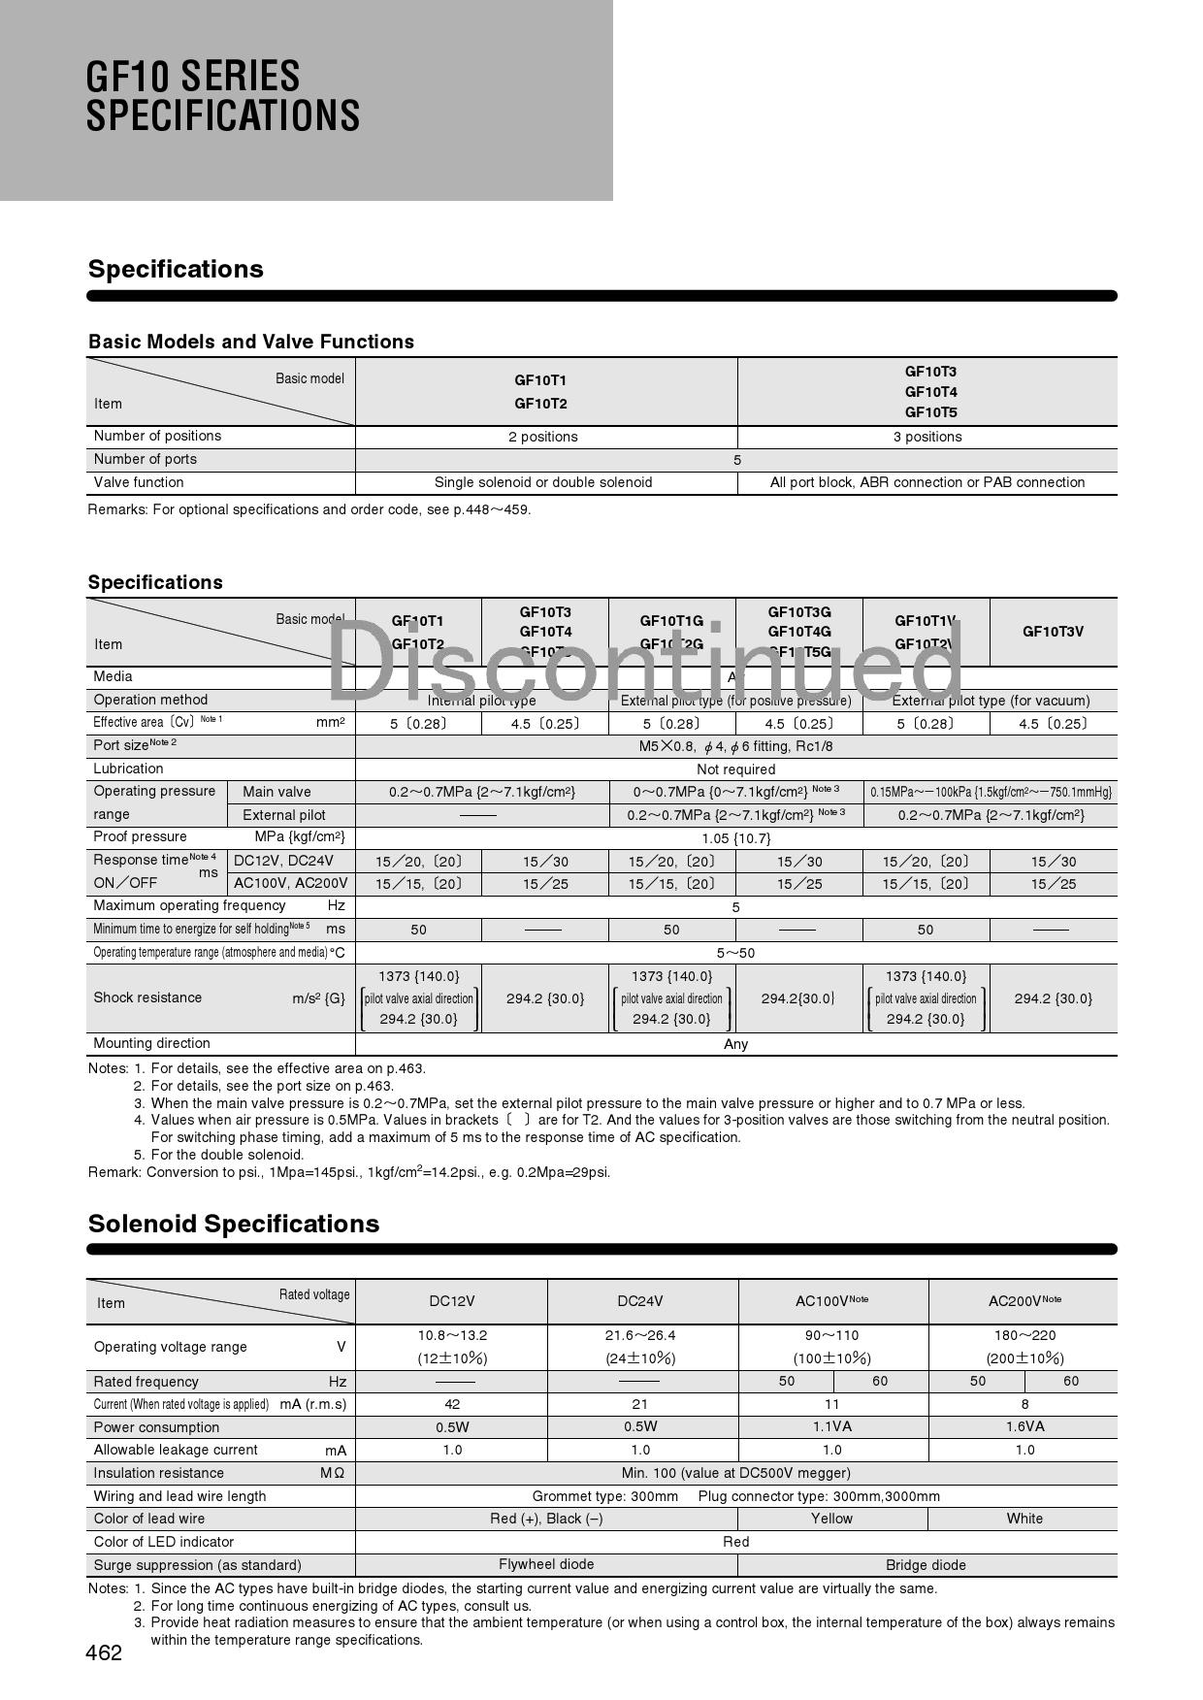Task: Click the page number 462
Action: [104, 1652]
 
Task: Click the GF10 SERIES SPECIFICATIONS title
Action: [223, 96]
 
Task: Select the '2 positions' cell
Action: [543, 437]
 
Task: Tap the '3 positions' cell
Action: [927, 437]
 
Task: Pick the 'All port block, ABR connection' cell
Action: [927, 482]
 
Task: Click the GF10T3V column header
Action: [1053, 632]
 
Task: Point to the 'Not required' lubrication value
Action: [735, 769]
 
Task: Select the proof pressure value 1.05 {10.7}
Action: [735, 838]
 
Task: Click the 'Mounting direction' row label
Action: [152, 1043]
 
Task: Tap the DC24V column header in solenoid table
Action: [640, 1301]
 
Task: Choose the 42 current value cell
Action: [452, 1404]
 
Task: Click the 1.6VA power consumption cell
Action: [1024, 1426]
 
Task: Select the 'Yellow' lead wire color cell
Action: [831, 1519]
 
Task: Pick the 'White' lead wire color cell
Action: [1024, 1519]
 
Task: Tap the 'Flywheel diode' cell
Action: [546, 1564]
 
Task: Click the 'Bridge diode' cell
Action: [926, 1565]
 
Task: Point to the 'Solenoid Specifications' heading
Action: [234, 1224]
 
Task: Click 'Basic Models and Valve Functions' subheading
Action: [251, 342]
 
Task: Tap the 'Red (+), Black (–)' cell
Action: [546, 1519]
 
